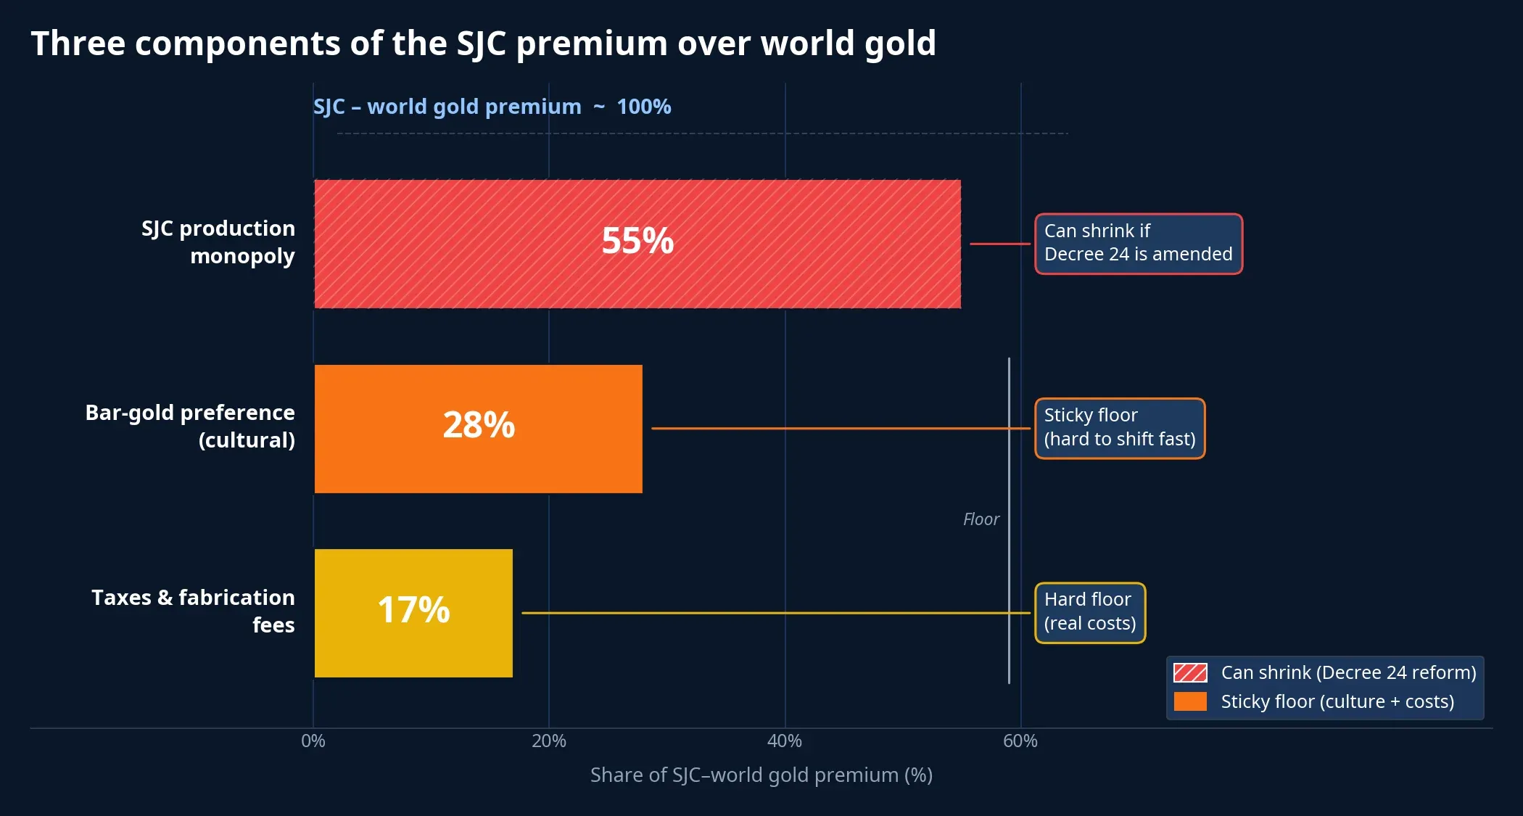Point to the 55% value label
tap(637, 241)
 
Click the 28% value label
tap(479, 425)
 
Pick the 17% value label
tap(413, 610)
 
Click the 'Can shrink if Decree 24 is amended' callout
tap(1138, 244)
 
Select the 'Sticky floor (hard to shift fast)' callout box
tap(1119, 428)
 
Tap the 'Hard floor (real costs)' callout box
tap(1089, 612)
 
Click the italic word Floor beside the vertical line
tap(981, 519)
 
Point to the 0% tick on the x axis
tap(313, 741)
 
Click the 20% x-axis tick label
tap(549, 741)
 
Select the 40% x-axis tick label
tap(785, 741)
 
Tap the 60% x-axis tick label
tap(1020, 741)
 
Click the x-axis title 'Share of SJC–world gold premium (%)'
tap(761, 775)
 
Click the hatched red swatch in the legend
tap(1190, 673)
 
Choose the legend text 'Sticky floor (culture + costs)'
tap(1337, 702)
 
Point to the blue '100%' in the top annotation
tap(644, 107)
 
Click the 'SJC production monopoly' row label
tap(218, 242)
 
